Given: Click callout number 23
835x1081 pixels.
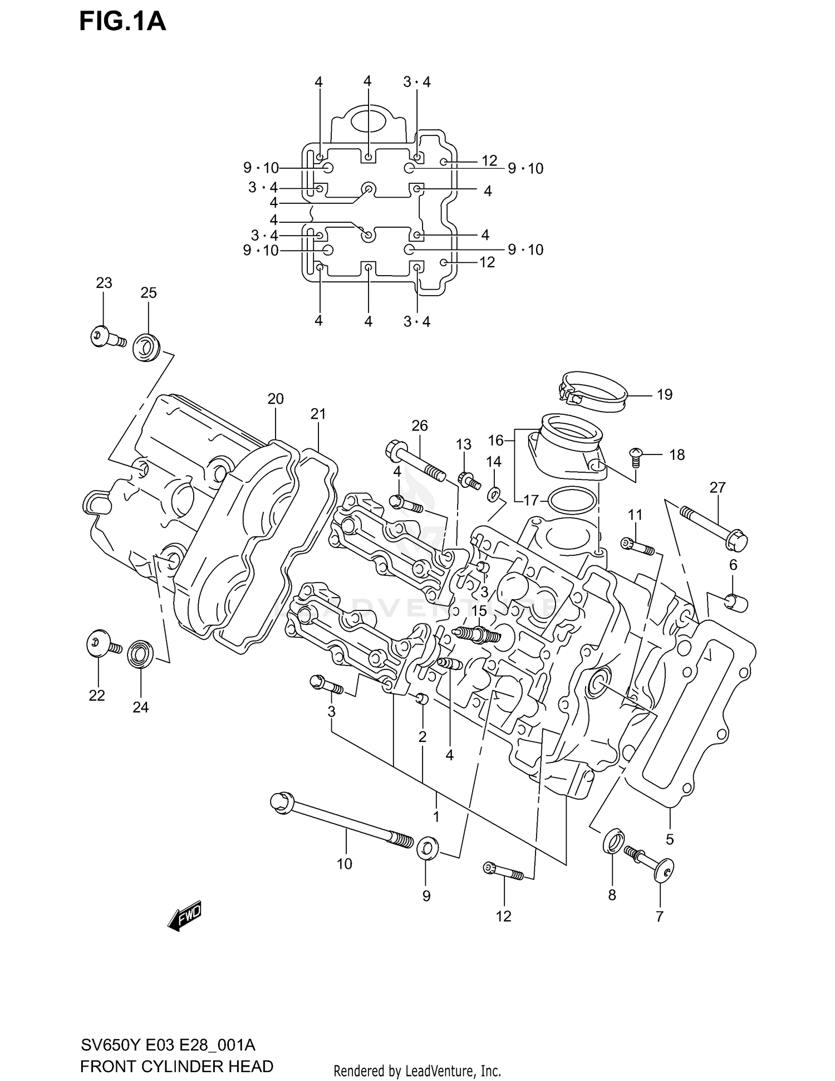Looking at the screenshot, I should tap(104, 283).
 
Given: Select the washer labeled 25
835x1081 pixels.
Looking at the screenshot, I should tap(146, 347).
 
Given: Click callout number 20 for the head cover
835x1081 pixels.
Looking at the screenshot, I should tap(276, 399).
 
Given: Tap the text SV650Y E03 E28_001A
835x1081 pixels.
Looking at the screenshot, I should tap(168, 1044).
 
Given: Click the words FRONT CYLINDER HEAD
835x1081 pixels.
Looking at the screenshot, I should tap(176, 1067).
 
